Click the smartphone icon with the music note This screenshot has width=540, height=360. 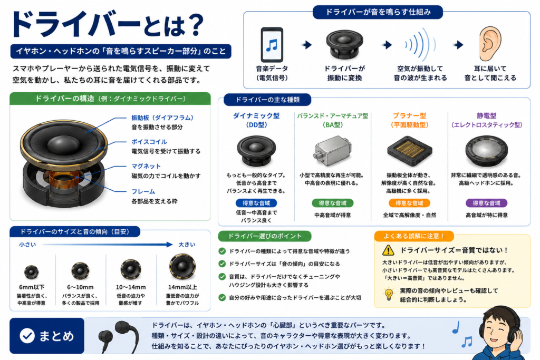pos(272,45)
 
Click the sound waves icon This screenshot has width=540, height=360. pos(420,44)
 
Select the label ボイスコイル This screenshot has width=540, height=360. pos(149,142)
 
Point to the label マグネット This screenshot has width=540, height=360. pos(146,166)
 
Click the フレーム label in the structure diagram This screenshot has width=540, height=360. pos(143,192)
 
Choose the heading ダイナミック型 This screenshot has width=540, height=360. pos(256,115)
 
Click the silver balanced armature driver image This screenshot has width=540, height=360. pos(332,151)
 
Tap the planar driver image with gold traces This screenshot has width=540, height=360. pos(409,151)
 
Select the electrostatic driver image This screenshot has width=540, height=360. pos(486,151)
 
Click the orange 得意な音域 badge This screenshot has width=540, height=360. pos(409,203)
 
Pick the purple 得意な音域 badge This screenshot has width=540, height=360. pos(486,203)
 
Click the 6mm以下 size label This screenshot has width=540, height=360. pos(32,287)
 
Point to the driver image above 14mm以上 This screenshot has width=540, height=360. pos(182,267)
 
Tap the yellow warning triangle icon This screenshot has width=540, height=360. pos(388,250)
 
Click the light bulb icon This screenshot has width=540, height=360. pos(389,294)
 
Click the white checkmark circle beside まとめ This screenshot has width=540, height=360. pos(27,336)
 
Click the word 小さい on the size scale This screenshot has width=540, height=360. pos(27,245)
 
